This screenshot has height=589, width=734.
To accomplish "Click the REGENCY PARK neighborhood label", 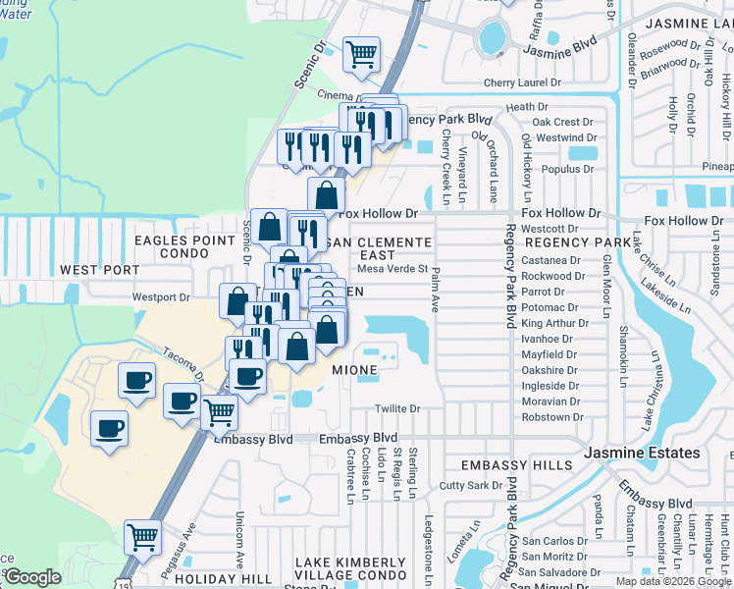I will [578, 241].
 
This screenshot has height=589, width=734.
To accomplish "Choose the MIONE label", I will [354, 370].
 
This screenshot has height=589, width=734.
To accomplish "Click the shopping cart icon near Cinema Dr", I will [361, 53].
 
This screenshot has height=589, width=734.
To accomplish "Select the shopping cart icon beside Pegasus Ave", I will [142, 537].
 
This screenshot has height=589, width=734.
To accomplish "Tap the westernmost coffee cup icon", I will [109, 428].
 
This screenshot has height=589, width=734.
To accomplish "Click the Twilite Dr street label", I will [397, 408].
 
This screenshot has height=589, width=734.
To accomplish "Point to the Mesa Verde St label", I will [393, 268].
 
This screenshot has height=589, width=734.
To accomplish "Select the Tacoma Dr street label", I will [183, 366].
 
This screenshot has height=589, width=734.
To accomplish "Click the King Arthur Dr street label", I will [551, 323].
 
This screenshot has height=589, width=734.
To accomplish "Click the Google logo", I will [32, 577].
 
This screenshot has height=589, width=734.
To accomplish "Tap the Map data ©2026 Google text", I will [672, 581].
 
